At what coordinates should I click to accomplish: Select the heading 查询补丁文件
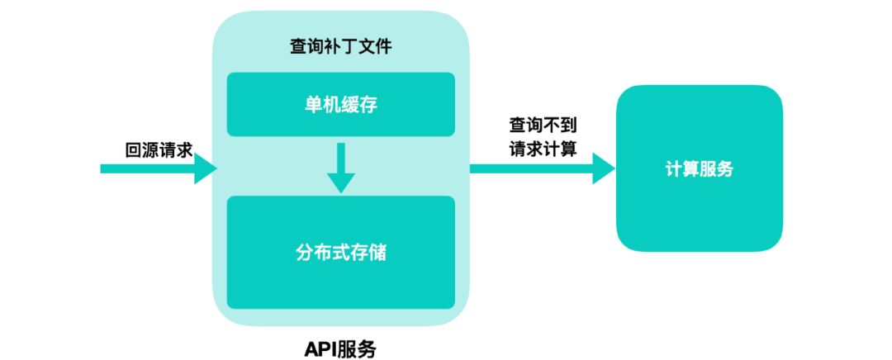click(340, 47)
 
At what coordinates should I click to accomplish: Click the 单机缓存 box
click(340, 104)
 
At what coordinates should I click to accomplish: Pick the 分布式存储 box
click(340, 252)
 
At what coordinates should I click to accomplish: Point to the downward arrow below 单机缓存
click(340, 168)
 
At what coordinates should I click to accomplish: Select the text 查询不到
click(542, 126)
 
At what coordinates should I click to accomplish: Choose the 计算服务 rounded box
click(699, 168)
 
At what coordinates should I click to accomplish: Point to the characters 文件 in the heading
click(374, 47)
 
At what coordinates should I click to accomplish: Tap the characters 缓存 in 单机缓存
click(358, 104)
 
